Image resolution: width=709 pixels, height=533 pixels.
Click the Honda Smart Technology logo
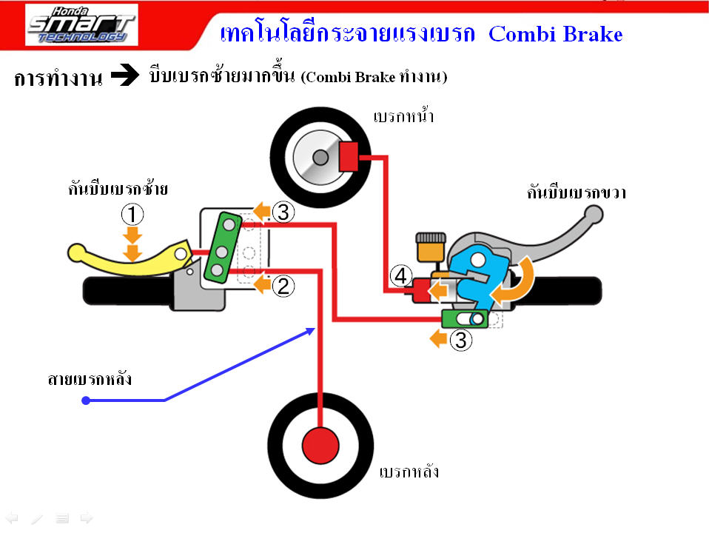(81, 25)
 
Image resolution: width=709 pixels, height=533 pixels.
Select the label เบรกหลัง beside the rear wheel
(409, 472)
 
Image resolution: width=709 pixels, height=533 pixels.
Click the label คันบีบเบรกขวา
(577, 192)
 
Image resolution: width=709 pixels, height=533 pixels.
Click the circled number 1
(132, 215)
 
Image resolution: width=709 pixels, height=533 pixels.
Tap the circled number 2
(283, 285)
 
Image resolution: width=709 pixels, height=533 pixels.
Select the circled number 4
(400, 277)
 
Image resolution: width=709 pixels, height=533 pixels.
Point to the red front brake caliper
(349, 155)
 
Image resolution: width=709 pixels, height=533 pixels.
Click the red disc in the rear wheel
(320, 445)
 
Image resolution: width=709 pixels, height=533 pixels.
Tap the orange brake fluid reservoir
(426, 248)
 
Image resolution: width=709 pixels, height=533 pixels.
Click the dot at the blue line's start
(86, 400)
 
